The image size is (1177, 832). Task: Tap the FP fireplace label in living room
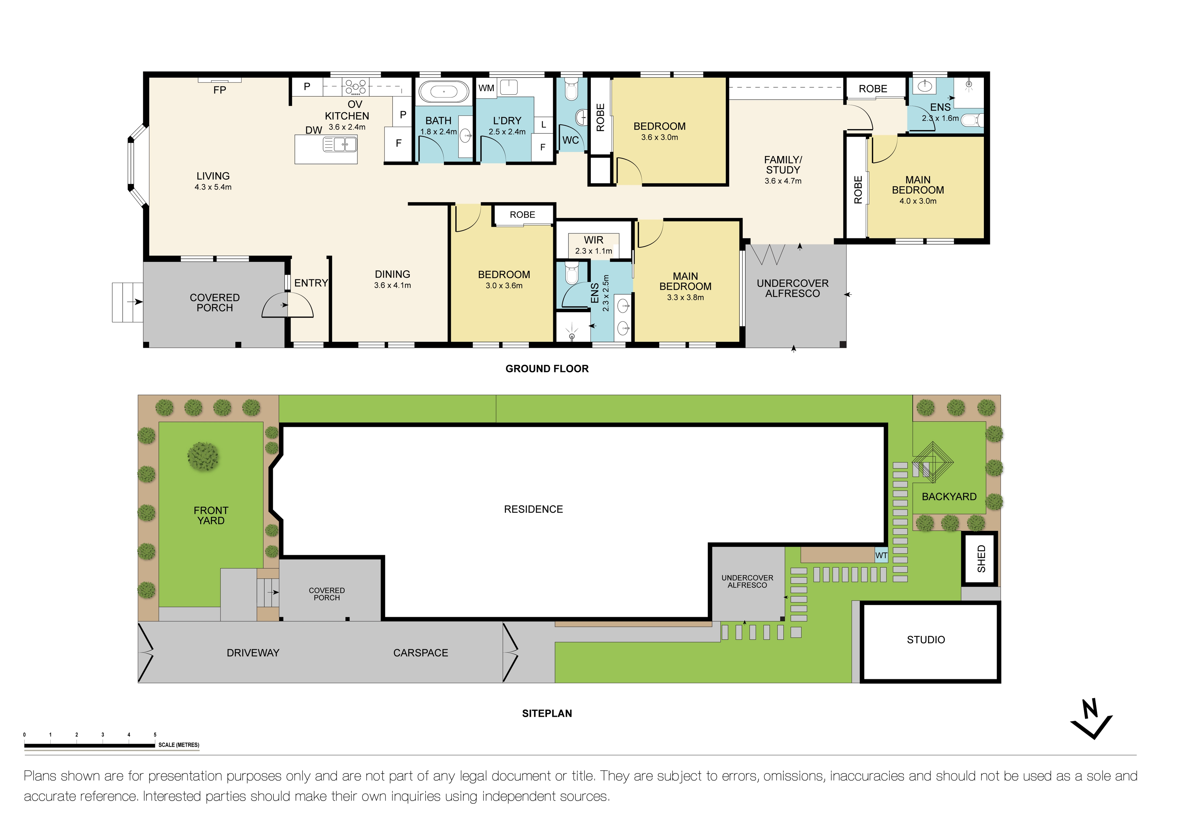pos(220,90)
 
